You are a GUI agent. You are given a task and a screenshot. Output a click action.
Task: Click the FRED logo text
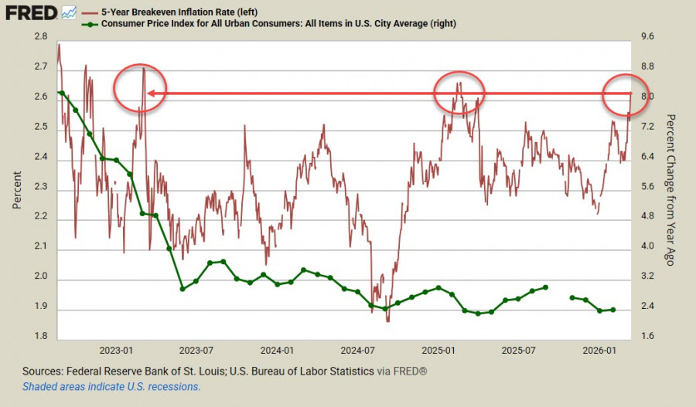31,12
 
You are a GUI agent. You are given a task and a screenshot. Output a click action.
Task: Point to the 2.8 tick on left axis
41,37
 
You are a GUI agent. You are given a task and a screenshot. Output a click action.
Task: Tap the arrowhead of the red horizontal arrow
150,93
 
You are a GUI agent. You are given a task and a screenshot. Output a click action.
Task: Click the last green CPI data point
613,310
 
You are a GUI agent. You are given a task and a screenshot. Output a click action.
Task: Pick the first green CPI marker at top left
61,93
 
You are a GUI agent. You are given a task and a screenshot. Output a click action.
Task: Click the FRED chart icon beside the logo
69,12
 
